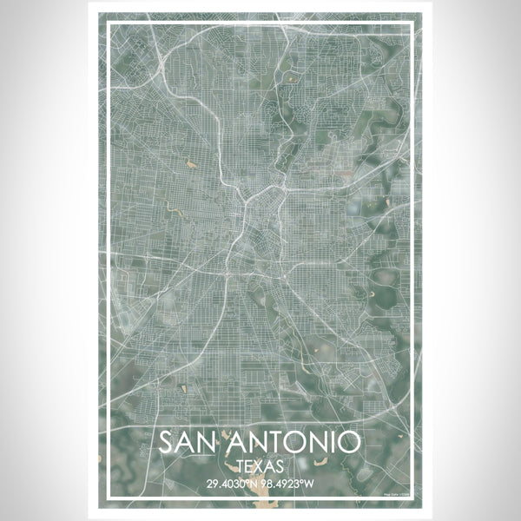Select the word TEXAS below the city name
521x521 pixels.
pyautogui.click(x=260, y=465)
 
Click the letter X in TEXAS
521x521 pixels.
pyautogui.click(x=260, y=465)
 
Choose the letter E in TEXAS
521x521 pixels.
pyautogui.click(x=249, y=465)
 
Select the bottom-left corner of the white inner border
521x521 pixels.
pyautogui.click(x=105, y=500)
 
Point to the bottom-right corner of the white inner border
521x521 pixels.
pyautogui.click(x=416, y=500)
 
